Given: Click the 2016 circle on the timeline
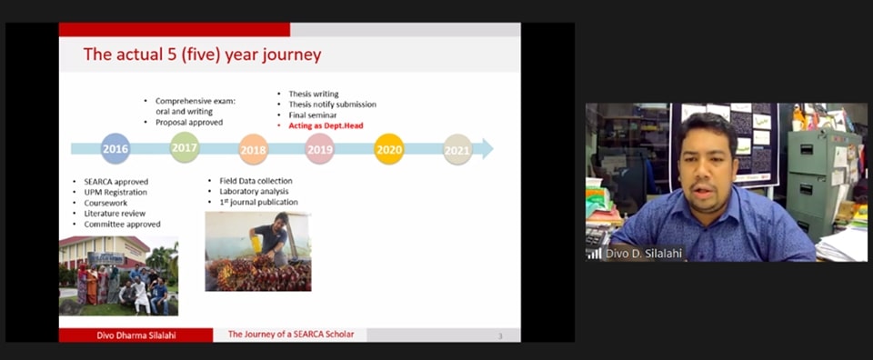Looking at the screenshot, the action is click(x=115, y=148).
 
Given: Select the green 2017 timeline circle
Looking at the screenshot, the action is click(x=185, y=147).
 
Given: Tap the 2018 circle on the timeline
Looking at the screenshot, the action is click(x=254, y=149).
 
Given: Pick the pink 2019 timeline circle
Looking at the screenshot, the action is click(x=319, y=149).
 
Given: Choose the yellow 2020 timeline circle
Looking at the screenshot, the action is click(x=388, y=149).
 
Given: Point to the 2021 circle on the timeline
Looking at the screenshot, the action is click(x=457, y=149).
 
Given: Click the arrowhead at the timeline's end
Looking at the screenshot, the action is click(x=487, y=148).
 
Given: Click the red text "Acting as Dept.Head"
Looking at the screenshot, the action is click(x=326, y=125).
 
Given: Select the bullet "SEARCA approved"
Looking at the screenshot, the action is click(x=115, y=182).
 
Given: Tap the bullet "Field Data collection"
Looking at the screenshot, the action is click(x=248, y=181).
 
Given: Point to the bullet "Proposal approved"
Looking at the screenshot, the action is click(x=189, y=122).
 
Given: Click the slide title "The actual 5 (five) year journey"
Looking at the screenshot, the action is click(x=202, y=55).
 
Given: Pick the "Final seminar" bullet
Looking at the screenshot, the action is click(x=312, y=115).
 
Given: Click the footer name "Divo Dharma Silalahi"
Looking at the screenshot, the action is click(x=135, y=335).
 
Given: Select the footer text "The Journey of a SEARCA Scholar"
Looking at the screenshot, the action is click(x=291, y=335).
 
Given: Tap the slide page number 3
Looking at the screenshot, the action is click(x=500, y=336).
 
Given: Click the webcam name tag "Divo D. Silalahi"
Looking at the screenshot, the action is click(x=644, y=254).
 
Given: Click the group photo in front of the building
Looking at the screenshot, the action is click(x=118, y=276).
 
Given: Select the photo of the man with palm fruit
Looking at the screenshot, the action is click(x=258, y=251).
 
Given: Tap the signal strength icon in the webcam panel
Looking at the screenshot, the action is click(x=594, y=254).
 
